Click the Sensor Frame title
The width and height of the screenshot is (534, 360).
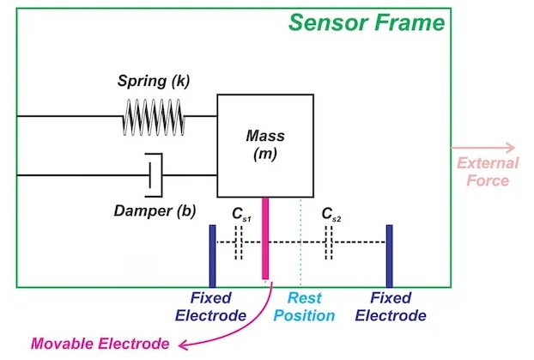point(367,21)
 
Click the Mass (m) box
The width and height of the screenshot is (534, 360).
point(264,145)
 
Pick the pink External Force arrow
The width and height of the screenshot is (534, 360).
point(497,147)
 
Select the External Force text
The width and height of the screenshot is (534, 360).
point(487,172)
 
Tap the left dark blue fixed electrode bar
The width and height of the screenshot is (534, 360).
point(212,255)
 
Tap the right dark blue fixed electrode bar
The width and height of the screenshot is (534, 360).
point(389,255)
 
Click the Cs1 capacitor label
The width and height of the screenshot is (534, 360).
point(243,214)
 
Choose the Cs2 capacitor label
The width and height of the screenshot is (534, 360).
point(331,214)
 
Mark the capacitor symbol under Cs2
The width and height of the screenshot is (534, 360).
point(329,243)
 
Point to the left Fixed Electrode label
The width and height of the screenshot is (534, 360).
point(211,307)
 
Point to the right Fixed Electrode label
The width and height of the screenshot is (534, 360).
point(391,307)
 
